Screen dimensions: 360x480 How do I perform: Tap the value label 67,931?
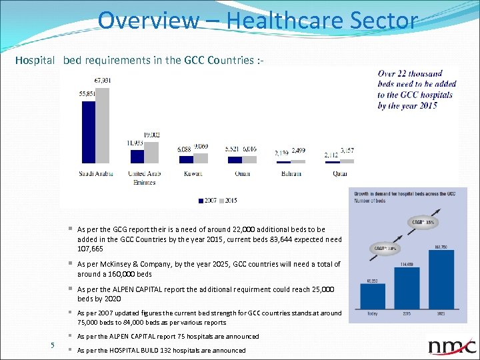point(103,81)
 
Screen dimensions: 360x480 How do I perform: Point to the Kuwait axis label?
point(193,173)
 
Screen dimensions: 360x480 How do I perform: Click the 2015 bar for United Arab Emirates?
point(151,152)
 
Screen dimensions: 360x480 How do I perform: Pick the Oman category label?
point(242,173)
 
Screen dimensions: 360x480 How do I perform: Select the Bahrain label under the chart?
point(291,173)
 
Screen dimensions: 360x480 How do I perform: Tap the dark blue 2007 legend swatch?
point(201,200)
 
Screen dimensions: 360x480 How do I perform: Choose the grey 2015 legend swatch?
point(221,200)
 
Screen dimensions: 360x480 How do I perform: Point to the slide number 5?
point(53,344)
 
